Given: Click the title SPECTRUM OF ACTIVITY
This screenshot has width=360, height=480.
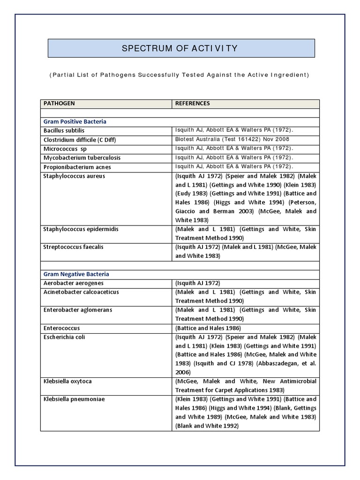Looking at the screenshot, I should [180, 48].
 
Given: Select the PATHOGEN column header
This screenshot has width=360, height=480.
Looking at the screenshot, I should [59, 103].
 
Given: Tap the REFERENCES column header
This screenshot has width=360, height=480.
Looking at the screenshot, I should [192, 103].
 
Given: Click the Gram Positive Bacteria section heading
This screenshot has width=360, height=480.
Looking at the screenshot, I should [75, 121].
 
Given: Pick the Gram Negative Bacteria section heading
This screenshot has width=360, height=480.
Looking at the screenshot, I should [76, 274].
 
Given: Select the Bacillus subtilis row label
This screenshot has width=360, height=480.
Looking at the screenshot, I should [64, 130].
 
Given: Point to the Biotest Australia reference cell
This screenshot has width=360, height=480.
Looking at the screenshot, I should [232, 139].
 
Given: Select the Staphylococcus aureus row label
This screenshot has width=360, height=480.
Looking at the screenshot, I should [74, 176].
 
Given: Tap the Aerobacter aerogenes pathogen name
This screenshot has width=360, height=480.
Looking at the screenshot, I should [73, 283].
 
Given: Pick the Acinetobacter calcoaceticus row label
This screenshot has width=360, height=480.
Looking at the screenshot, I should [81, 292].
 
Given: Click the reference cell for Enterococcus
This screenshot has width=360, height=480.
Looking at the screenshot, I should [208, 328].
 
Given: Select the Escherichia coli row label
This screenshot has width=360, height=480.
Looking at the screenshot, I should [64, 337].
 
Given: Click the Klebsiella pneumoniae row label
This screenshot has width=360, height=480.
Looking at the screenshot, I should [74, 399].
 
